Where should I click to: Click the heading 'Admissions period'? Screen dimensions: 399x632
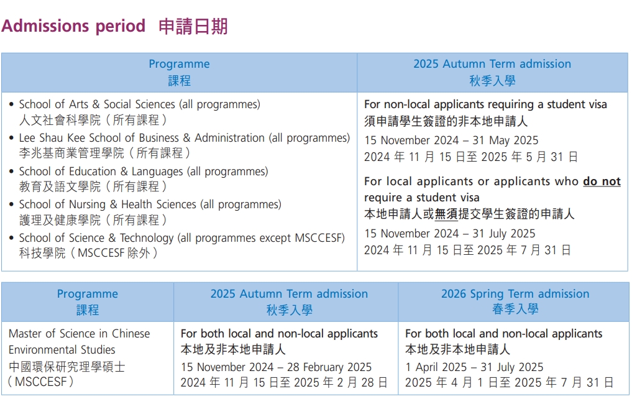(73, 26)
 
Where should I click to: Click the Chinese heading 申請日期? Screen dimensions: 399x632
(193, 26)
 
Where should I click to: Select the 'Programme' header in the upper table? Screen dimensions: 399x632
(179, 64)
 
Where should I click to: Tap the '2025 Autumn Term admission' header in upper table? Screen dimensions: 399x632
(492, 64)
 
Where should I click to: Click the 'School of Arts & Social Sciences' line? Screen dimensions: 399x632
(139, 104)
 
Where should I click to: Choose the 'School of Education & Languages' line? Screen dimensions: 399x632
(143, 172)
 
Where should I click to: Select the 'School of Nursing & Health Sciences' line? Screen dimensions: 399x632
(150, 204)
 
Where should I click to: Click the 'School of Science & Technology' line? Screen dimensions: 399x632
(181, 238)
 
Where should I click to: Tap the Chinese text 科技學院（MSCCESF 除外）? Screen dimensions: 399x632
(88, 253)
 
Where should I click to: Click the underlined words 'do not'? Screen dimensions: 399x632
(601, 181)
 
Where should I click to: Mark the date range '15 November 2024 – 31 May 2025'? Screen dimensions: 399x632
(451, 140)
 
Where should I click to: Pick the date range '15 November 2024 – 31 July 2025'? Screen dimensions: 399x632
(449, 234)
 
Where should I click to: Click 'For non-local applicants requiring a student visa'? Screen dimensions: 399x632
(485, 104)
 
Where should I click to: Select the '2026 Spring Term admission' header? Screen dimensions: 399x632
(515, 294)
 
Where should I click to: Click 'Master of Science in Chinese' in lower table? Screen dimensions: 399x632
(79, 334)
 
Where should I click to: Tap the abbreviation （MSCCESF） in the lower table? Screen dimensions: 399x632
(41, 382)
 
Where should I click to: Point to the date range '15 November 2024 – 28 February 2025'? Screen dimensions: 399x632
(276, 367)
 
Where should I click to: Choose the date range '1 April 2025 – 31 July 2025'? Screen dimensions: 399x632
(474, 367)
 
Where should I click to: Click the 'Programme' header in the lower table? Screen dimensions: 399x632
(87, 294)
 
